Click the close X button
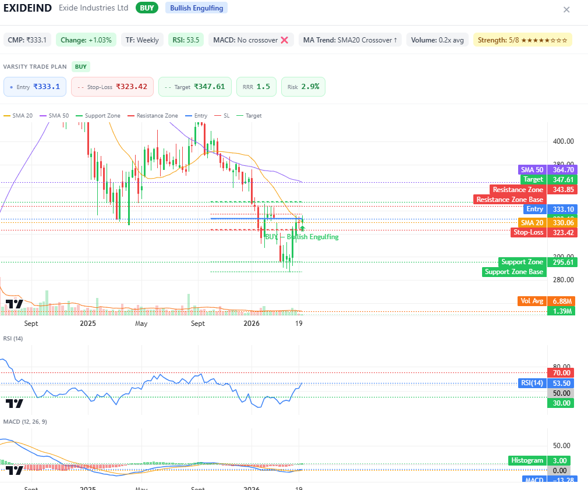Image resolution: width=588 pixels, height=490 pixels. point(566,9)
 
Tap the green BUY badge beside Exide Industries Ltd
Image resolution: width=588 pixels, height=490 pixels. point(147,8)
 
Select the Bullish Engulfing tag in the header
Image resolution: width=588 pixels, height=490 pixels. point(196,8)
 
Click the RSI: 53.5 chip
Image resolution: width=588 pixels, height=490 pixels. point(186,40)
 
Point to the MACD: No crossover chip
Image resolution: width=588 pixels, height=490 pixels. point(251,40)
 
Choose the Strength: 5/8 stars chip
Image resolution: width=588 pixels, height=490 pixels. point(522,40)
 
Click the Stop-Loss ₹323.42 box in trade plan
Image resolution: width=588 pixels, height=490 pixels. point(112,87)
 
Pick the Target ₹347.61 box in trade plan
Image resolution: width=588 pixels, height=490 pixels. point(194,87)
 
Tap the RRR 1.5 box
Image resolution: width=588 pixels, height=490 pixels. point(256,87)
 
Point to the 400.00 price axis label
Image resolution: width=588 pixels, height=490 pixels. point(564,141)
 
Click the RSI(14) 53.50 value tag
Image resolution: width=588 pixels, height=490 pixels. point(546,383)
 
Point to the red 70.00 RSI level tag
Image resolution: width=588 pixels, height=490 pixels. point(561,372)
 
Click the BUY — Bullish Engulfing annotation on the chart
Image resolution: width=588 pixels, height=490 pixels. point(302,237)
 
